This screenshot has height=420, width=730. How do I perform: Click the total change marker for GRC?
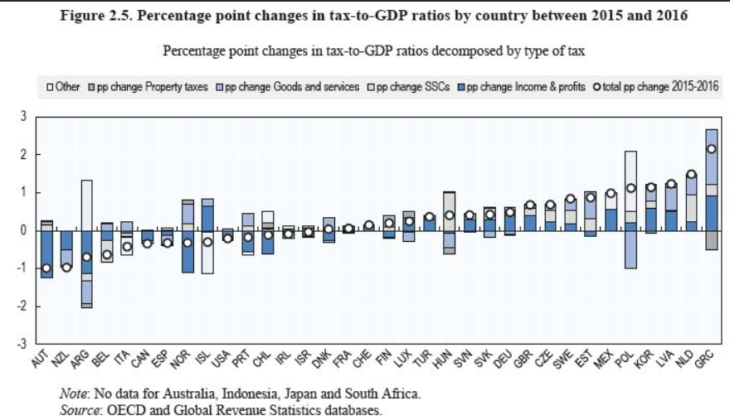[711, 149]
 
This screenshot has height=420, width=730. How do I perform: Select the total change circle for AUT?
[47, 268]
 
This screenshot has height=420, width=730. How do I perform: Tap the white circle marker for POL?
[630, 188]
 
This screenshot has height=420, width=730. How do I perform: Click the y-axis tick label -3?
[23, 343]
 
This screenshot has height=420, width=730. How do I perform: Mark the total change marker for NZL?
[67, 267]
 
